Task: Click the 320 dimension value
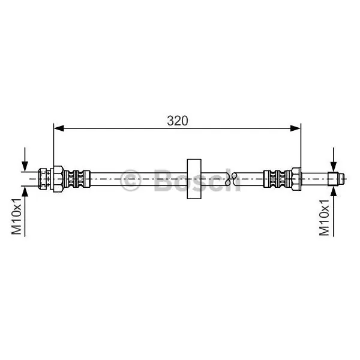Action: [177, 121]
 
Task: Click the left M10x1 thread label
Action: [17, 217]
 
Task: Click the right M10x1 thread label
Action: [324, 217]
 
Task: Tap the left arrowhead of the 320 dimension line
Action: [59, 128]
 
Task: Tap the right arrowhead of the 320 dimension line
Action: [295, 128]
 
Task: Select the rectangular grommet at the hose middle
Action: [194, 179]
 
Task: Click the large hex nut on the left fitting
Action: [58, 179]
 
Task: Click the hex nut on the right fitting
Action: [296, 179]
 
